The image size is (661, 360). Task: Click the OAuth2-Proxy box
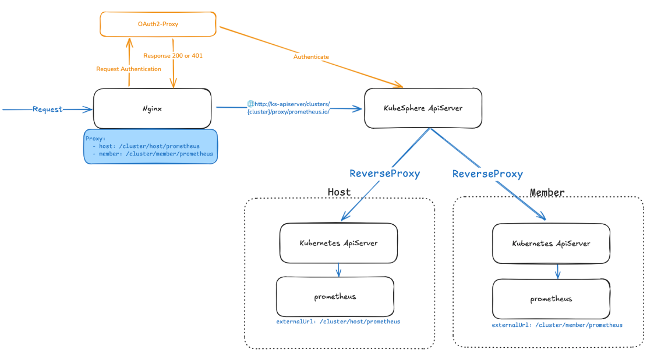(x=158, y=24)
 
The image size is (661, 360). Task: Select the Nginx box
(x=152, y=108)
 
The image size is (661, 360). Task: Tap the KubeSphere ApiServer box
(x=423, y=108)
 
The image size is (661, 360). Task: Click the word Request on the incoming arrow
(x=48, y=109)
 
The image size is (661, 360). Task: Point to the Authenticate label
(x=311, y=57)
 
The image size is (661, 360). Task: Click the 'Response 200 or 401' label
(x=173, y=56)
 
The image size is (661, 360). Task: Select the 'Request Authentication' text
(x=129, y=69)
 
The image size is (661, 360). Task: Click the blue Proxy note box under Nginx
(x=151, y=146)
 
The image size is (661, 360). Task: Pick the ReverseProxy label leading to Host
(x=384, y=174)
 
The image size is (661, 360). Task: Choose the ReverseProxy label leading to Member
(x=487, y=174)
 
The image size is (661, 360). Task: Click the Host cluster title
(x=339, y=192)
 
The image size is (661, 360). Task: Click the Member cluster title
(x=547, y=192)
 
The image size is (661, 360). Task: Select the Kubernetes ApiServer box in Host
(x=338, y=243)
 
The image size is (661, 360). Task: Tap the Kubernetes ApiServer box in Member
(x=551, y=243)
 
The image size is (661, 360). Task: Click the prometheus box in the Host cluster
(x=335, y=297)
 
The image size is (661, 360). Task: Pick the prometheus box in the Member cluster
(x=551, y=299)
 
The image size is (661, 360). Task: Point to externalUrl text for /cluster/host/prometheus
(x=338, y=322)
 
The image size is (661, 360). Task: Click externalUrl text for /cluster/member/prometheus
(x=557, y=325)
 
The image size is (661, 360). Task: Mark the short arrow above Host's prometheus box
(x=339, y=269)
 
